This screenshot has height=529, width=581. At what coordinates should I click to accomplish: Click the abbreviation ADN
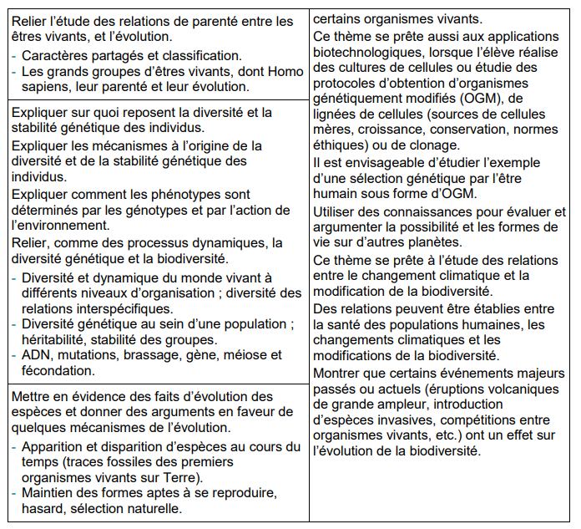pyautogui.click(x=38, y=355)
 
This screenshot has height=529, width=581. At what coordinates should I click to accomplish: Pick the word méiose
pyautogui.click(x=231, y=355)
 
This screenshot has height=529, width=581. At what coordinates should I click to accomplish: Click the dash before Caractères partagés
pyautogui.click(x=15, y=56)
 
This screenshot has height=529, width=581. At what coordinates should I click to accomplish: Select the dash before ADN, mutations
pyautogui.click(x=15, y=355)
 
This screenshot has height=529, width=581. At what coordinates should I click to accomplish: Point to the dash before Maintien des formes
pyautogui.click(x=15, y=493)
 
